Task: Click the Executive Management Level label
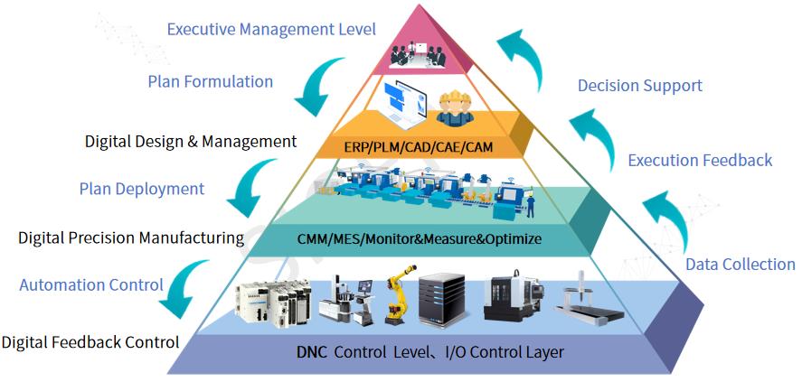pos(271,30)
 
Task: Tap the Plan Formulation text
pos(211,82)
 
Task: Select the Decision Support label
pos(640,87)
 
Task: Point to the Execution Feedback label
pos(700,161)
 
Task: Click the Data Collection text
pos(740,265)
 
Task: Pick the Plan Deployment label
pos(142,190)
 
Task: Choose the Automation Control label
pos(91,285)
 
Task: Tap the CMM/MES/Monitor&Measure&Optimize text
pos(419,239)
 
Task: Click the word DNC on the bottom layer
pos(312,352)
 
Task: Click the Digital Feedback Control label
pos(90,343)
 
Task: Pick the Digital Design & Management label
pos(191,142)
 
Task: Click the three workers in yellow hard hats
pos(456,107)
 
